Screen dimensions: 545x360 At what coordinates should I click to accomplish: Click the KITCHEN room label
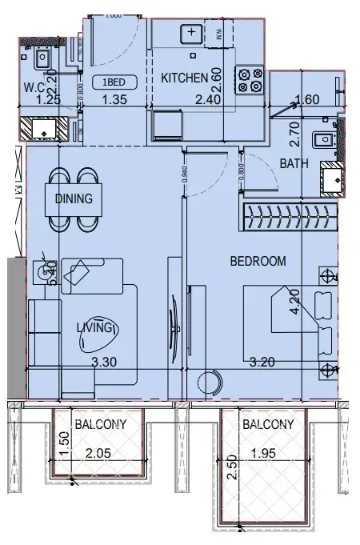185,78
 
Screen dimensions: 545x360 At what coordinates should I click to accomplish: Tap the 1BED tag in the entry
110,82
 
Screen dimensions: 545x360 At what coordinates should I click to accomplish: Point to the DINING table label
74,198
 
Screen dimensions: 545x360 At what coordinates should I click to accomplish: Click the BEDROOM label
257,261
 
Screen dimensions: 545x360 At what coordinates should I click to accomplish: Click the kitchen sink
192,34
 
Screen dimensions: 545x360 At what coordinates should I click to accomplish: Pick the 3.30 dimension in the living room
106,363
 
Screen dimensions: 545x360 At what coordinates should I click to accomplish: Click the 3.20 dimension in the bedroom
262,363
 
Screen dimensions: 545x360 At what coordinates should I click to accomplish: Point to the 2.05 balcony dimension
99,453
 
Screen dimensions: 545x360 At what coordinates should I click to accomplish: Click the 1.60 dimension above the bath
307,100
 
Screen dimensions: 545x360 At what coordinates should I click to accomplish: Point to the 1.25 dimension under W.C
31,100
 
